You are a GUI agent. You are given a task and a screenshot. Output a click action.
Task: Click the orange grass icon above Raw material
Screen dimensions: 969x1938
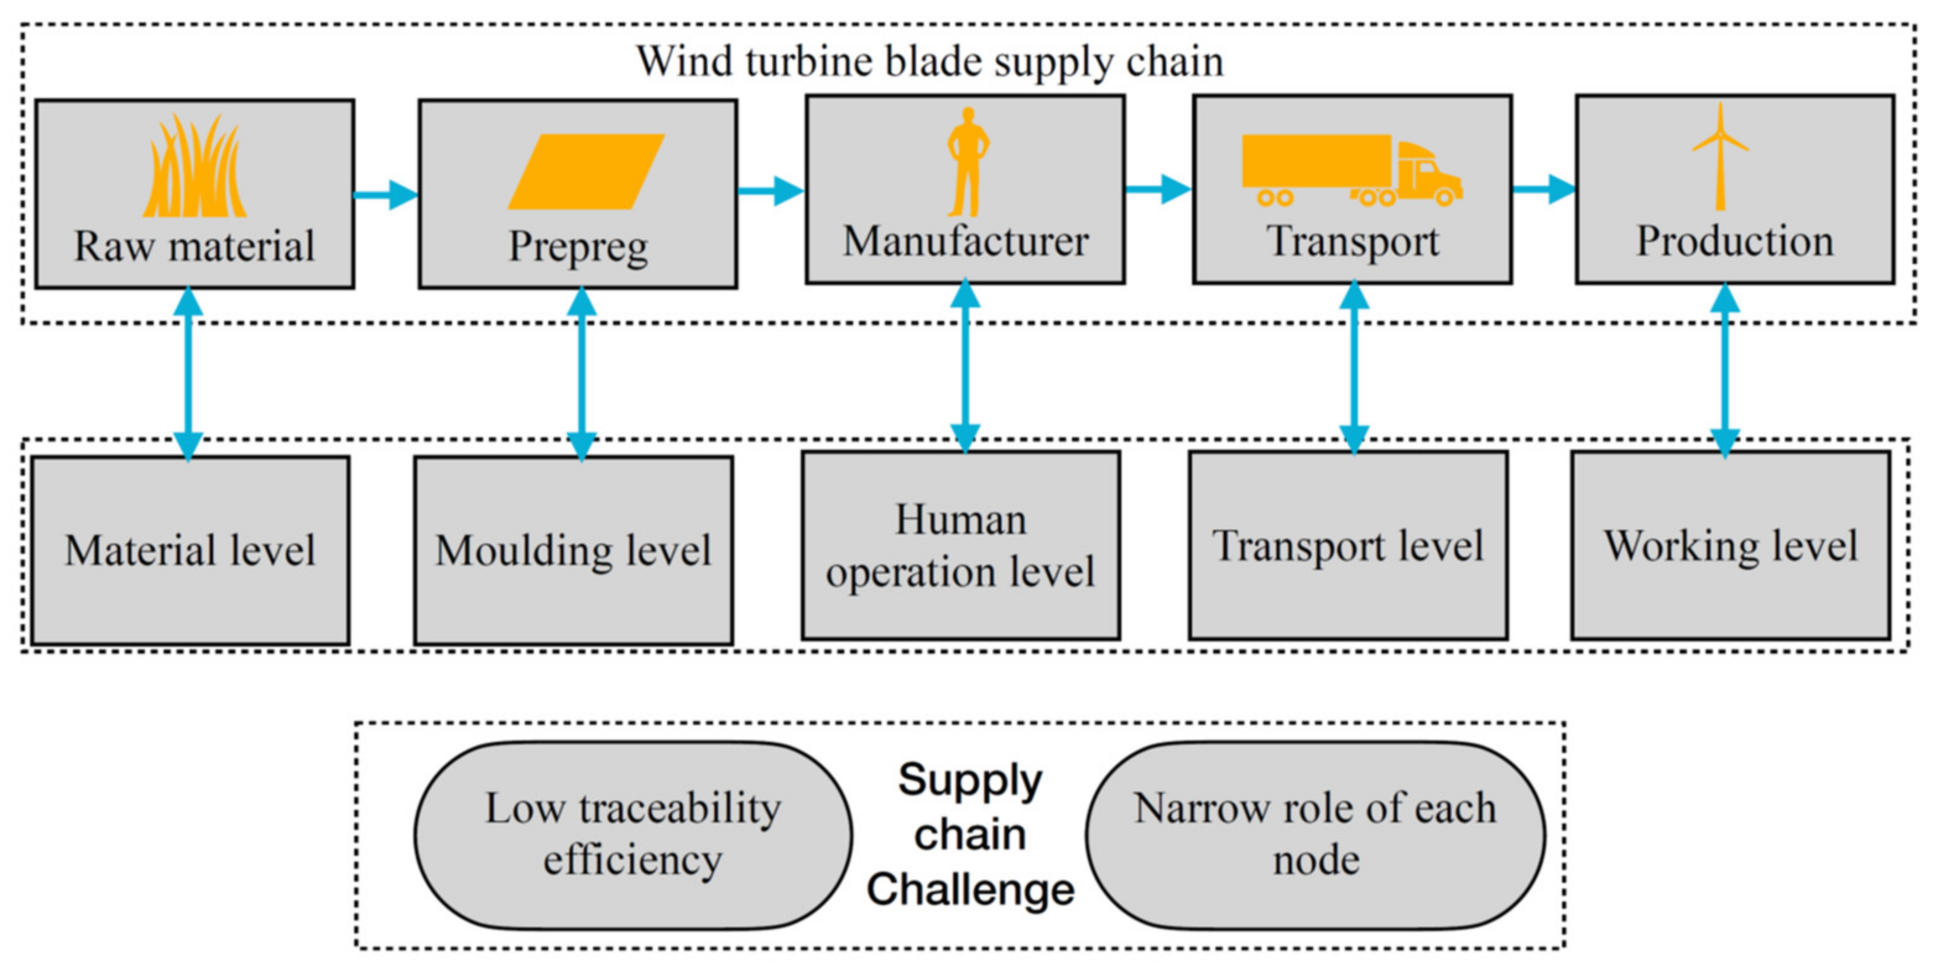coord(195,166)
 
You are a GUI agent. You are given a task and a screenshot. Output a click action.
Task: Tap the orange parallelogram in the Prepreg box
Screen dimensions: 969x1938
coord(586,171)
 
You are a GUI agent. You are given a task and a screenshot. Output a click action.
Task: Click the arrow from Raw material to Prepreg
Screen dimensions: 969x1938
coord(386,195)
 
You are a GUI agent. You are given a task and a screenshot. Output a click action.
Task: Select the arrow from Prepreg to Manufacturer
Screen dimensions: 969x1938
coord(771,191)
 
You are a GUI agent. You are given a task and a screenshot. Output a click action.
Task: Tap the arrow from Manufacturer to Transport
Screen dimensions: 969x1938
coord(1158,189)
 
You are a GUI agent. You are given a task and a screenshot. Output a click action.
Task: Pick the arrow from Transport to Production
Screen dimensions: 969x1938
coord(1544,189)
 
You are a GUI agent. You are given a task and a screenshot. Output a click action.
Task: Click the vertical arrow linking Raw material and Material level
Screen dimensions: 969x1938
coord(188,373)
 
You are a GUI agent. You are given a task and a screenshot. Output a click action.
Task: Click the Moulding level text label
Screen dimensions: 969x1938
coord(573,551)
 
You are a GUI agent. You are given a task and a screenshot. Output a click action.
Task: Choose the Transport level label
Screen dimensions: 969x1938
coord(1348,546)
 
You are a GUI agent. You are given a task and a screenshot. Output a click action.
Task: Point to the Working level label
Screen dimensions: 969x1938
coord(1730,546)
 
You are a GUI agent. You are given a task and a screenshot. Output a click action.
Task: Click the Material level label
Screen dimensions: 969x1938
coord(189,551)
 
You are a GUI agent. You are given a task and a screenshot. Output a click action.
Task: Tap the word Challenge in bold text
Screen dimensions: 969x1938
coord(970,890)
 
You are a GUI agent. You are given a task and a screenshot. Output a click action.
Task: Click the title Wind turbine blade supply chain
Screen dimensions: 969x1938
coord(930,62)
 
